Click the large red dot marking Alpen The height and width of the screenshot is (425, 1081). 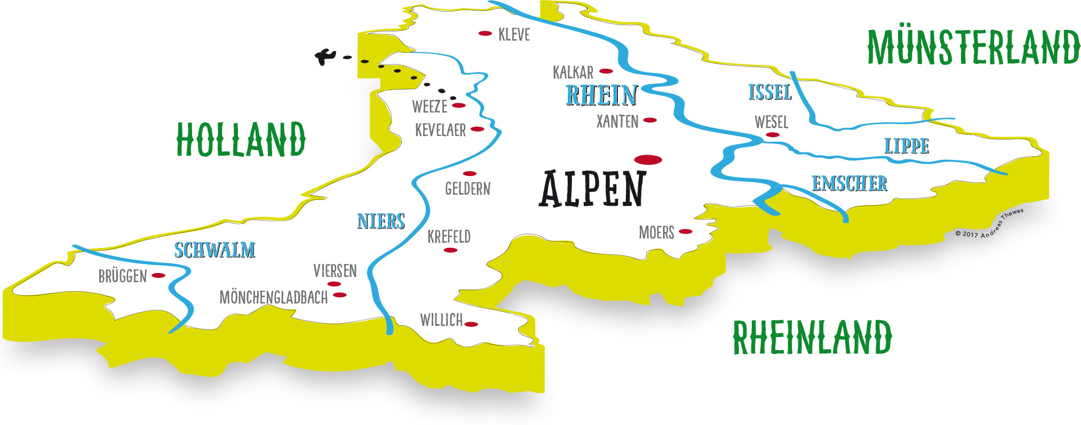[x=648, y=159]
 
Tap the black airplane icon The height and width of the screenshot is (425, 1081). [x=324, y=55]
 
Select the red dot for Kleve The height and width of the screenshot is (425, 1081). [x=485, y=34]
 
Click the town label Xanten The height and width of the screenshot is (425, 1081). [x=617, y=122]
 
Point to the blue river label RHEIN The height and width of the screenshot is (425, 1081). [x=601, y=95]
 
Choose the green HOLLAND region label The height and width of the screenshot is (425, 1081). [x=241, y=139]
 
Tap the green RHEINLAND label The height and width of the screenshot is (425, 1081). [x=812, y=337]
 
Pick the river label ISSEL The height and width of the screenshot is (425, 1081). [x=769, y=92]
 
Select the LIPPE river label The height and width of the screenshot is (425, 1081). [x=907, y=146]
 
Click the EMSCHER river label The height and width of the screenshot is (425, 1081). [x=849, y=183]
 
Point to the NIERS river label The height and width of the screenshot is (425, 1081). [x=381, y=221]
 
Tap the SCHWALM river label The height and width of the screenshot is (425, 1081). [x=214, y=250]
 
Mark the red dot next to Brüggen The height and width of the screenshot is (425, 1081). [x=158, y=275]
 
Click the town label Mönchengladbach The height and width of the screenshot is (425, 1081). [x=274, y=298]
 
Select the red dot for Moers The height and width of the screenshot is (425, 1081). [x=686, y=231]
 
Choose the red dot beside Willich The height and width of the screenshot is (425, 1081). [x=471, y=324]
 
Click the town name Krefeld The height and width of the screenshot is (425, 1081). [x=449, y=236]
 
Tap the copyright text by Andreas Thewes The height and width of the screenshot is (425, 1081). [x=990, y=224]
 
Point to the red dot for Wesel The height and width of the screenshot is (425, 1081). [x=772, y=135]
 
